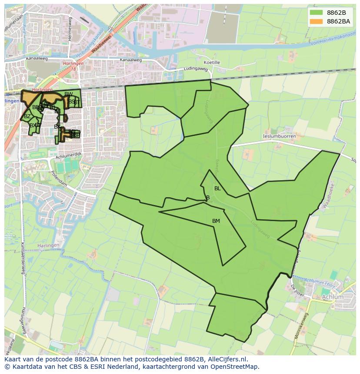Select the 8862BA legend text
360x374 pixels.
point(338,21)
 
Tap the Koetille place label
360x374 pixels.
point(212,63)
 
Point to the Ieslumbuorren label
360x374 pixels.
point(280,136)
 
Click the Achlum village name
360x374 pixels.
point(333,297)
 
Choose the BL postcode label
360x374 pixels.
point(217,189)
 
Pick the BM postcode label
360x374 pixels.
point(216,221)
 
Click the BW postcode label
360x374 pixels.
point(69,94)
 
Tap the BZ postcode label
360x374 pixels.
point(27,116)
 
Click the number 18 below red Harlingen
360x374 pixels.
point(73,69)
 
